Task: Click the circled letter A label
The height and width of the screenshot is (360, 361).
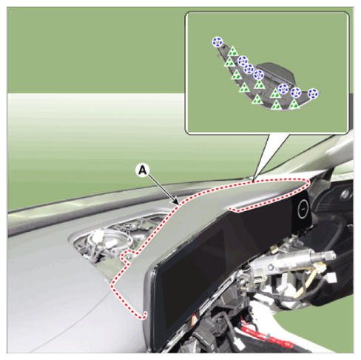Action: (x=143, y=171)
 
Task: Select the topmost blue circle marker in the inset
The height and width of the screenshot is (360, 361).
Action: (x=217, y=42)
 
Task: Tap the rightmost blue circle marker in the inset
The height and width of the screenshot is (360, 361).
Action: (x=313, y=94)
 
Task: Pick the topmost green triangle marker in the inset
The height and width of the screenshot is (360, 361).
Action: (x=232, y=52)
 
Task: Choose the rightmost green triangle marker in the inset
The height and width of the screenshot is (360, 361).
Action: (x=294, y=104)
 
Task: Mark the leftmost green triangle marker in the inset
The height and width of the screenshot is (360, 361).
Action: (x=229, y=62)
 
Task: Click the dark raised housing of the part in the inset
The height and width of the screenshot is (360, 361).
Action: (x=276, y=73)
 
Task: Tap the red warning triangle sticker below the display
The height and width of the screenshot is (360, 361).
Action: (x=194, y=320)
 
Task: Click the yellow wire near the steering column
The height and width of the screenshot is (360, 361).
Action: (x=308, y=279)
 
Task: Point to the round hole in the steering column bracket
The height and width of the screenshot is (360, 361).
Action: (x=271, y=267)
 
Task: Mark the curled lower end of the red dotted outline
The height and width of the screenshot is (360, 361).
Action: (x=144, y=316)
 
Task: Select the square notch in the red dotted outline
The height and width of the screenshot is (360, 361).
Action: (x=126, y=257)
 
